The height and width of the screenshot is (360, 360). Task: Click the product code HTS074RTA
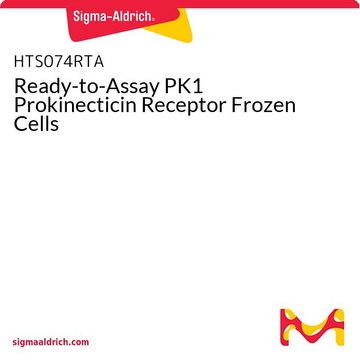tap(59, 62)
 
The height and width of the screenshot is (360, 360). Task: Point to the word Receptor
tap(185, 107)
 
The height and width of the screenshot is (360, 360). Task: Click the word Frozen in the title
tap(263, 105)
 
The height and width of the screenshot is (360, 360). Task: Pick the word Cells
tap(36, 123)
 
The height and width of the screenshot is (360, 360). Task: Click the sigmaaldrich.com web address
tap(51, 342)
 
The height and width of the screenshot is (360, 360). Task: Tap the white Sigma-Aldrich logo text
tap(114, 16)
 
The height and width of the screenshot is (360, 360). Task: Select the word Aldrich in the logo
tap(132, 16)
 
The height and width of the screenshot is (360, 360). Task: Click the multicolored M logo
tap(312, 327)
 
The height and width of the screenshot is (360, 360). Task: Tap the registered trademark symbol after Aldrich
tap(153, 20)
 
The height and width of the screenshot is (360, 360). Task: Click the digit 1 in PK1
tap(199, 87)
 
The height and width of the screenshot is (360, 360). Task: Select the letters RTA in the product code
tap(90, 62)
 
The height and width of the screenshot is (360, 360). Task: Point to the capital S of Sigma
tap(77, 17)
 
